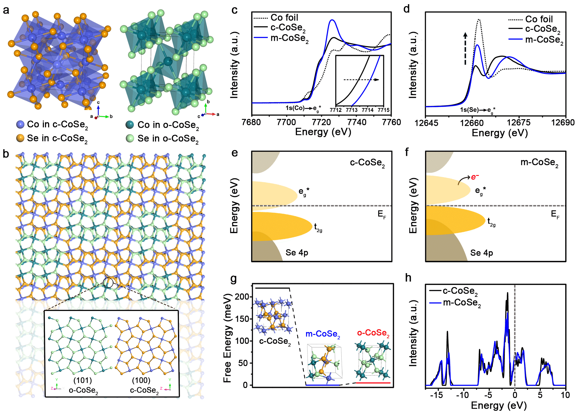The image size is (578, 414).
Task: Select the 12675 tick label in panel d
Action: click(519, 123)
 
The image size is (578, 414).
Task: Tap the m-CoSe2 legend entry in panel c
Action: click(289, 38)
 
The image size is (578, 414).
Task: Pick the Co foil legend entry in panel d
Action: click(539, 19)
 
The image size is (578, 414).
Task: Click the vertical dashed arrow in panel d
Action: click(465, 49)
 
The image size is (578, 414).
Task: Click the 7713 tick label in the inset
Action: click(352, 110)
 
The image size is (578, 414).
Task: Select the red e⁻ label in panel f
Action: click(475, 177)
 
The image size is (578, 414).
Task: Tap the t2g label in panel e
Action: click(318, 228)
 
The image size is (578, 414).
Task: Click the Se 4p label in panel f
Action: click(481, 253)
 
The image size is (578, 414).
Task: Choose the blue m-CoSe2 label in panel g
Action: click(323, 334)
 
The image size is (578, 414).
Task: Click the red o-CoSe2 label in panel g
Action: click(373, 333)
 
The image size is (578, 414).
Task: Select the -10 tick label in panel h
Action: click(462, 395)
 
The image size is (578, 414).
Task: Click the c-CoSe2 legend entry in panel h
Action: click(460, 291)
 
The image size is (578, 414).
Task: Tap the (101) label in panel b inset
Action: click(82, 380)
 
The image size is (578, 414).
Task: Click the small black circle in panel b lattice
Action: click(108, 283)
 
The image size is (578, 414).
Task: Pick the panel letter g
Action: click(234, 278)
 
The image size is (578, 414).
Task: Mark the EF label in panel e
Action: click(382, 214)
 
